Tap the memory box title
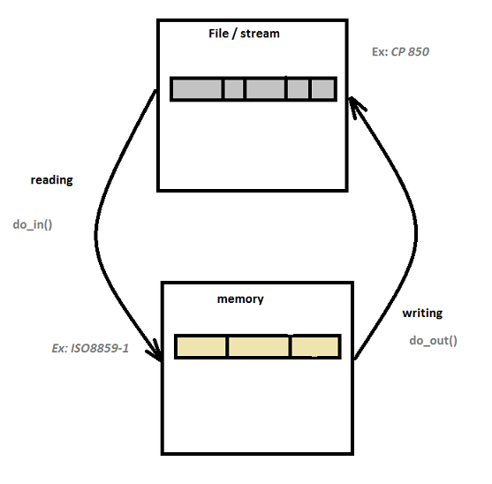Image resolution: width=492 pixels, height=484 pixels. [x=240, y=299]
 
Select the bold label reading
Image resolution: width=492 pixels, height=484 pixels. [x=51, y=179]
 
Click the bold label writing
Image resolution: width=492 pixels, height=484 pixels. [x=422, y=313]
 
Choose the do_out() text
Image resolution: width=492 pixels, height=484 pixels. [x=433, y=340]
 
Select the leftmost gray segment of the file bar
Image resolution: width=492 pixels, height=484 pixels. [x=196, y=89]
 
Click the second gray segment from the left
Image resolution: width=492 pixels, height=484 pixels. [x=233, y=89]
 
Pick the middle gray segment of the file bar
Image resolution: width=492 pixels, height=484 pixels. [x=265, y=89]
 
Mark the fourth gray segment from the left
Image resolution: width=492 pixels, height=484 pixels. [x=298, y=89]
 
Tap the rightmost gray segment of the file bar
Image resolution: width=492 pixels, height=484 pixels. [x=322, y=89]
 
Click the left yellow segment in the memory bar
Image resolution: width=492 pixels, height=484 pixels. [x=201, y=346]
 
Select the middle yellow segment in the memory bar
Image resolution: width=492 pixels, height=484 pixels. [x=259, y=346]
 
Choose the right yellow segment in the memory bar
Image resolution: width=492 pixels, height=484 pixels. [x=314, y=346]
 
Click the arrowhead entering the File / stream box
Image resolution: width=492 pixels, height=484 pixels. [x=356, y=106]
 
